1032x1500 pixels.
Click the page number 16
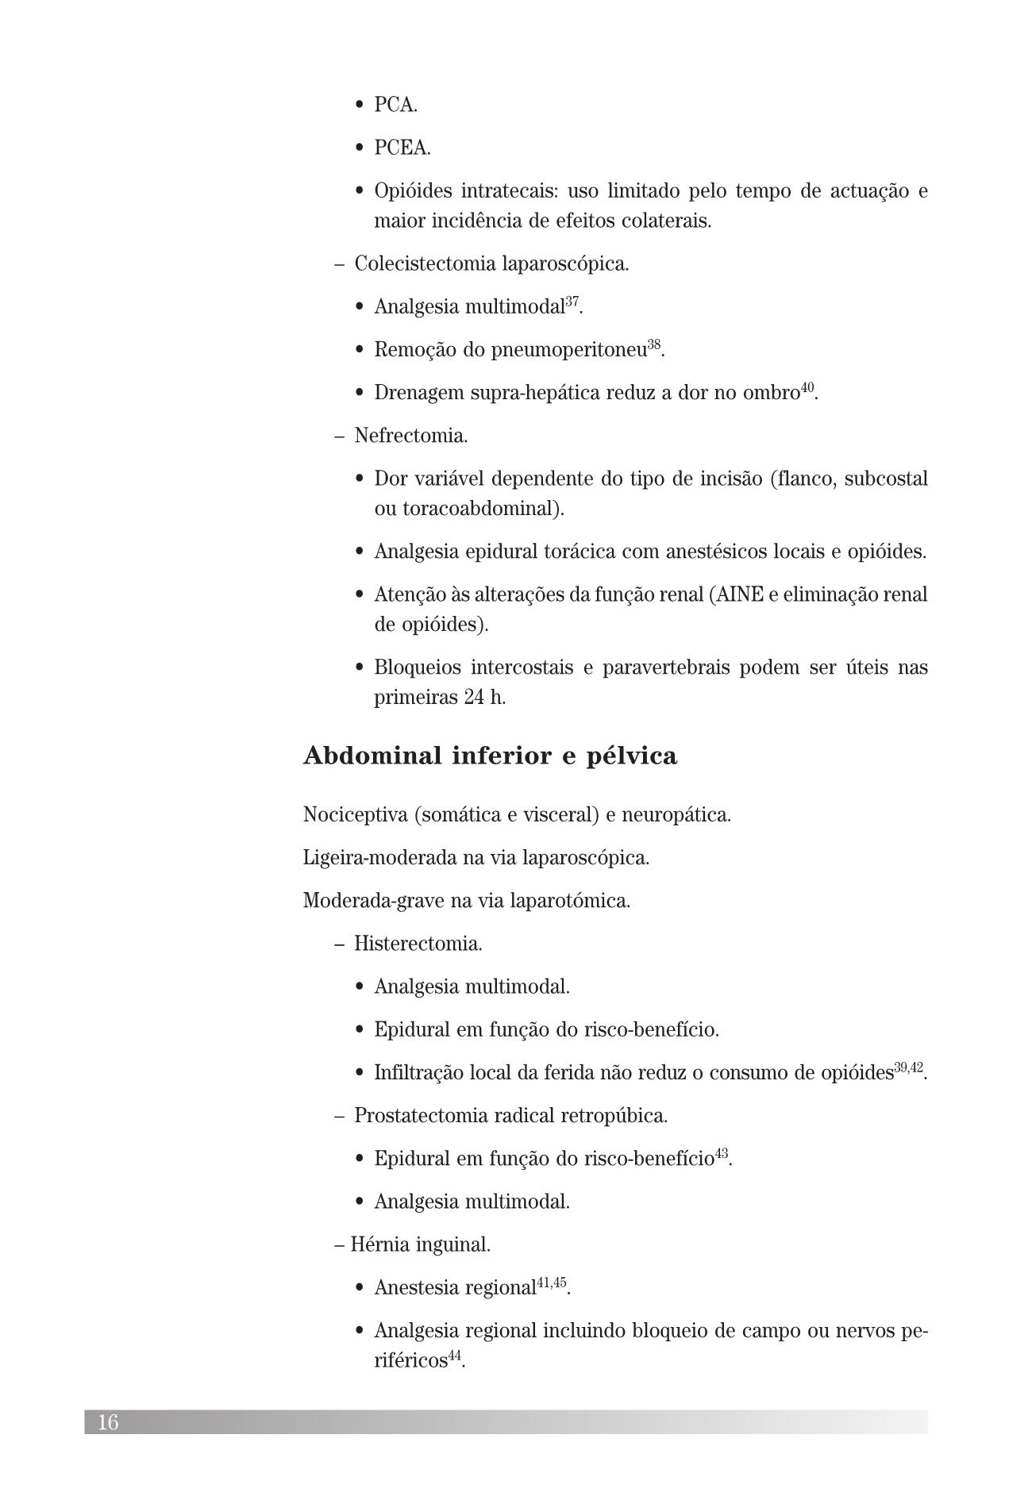tap(108, 1422)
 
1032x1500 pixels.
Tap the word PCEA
tap(402, 148)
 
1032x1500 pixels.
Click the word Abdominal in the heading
tap(372, 756)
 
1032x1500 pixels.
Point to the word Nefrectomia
tap(410, 436)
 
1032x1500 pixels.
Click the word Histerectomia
tap(418, 944)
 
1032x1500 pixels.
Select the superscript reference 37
tap(572, 302)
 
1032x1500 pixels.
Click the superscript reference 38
tap(654, 344)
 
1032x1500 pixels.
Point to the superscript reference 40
tap(807, 387)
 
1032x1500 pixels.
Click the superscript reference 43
tap(722, 1153)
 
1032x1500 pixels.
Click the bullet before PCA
tap(360, 106)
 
